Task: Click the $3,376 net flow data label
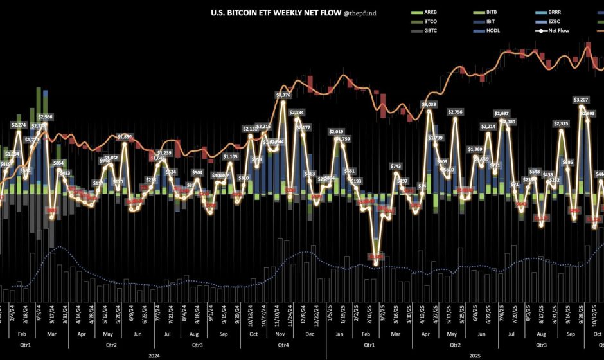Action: [283, 95]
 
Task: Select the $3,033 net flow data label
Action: [429, 104]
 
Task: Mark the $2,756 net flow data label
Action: [454, 112]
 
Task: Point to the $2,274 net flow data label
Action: [19, 124]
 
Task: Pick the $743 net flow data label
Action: [396, 166]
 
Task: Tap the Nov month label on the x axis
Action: [281, 334]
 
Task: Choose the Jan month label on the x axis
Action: [338, 334]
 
